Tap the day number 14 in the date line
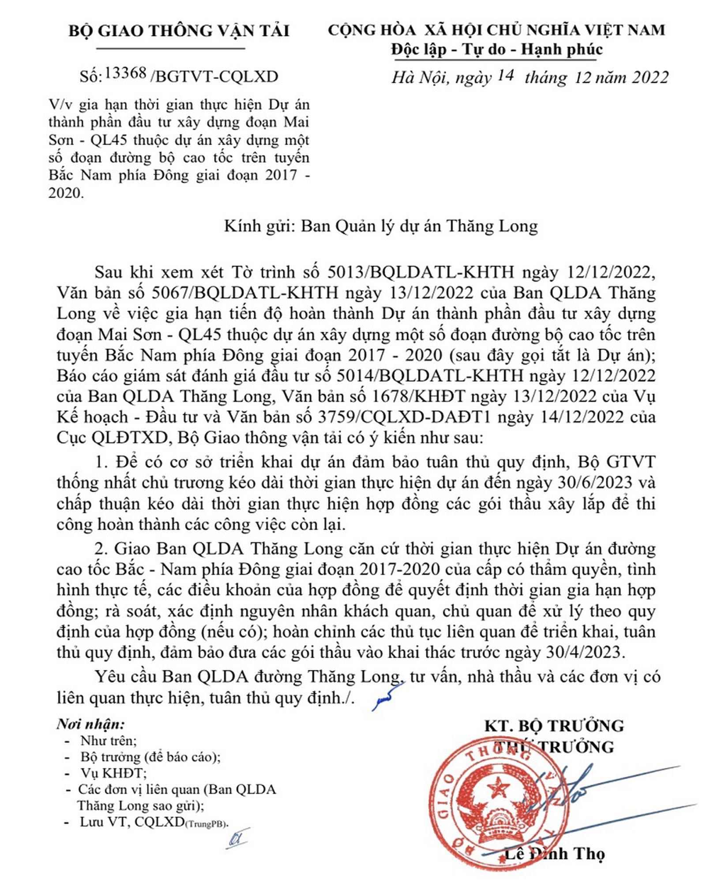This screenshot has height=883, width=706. tap(505, 75)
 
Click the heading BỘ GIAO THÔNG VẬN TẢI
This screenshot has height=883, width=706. tap(179, 31)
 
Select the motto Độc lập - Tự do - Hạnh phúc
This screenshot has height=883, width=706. tap(496, 49)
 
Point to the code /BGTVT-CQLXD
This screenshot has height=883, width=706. tap(214, 77)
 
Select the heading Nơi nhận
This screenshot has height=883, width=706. tap(90, 725)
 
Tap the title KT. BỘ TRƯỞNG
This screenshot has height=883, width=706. tap(554, 726)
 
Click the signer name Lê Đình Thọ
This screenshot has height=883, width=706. tap(554, 853)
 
